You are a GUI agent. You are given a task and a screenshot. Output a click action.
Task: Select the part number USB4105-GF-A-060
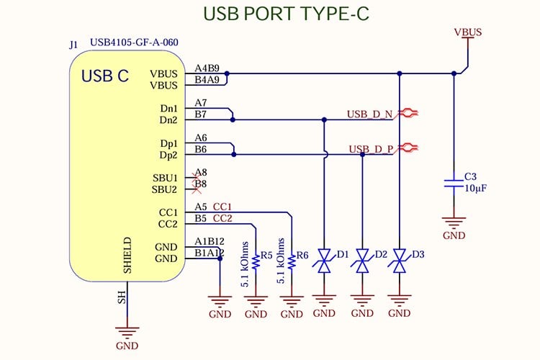134,43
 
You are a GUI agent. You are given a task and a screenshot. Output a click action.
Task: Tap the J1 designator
74,45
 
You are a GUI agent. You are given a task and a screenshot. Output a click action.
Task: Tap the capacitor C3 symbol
454,182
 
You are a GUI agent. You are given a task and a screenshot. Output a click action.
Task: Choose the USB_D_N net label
369,114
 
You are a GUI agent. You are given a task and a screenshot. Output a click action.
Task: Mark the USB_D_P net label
371,149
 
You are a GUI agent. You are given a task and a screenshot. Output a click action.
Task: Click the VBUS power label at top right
468,32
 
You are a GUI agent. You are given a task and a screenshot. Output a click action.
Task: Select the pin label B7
201,114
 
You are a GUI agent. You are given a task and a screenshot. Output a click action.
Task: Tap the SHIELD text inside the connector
127,255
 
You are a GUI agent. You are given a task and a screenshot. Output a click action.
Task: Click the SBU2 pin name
164,189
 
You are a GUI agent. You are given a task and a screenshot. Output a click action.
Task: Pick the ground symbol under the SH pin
127,332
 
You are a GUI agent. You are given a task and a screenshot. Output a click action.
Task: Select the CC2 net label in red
222,218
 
